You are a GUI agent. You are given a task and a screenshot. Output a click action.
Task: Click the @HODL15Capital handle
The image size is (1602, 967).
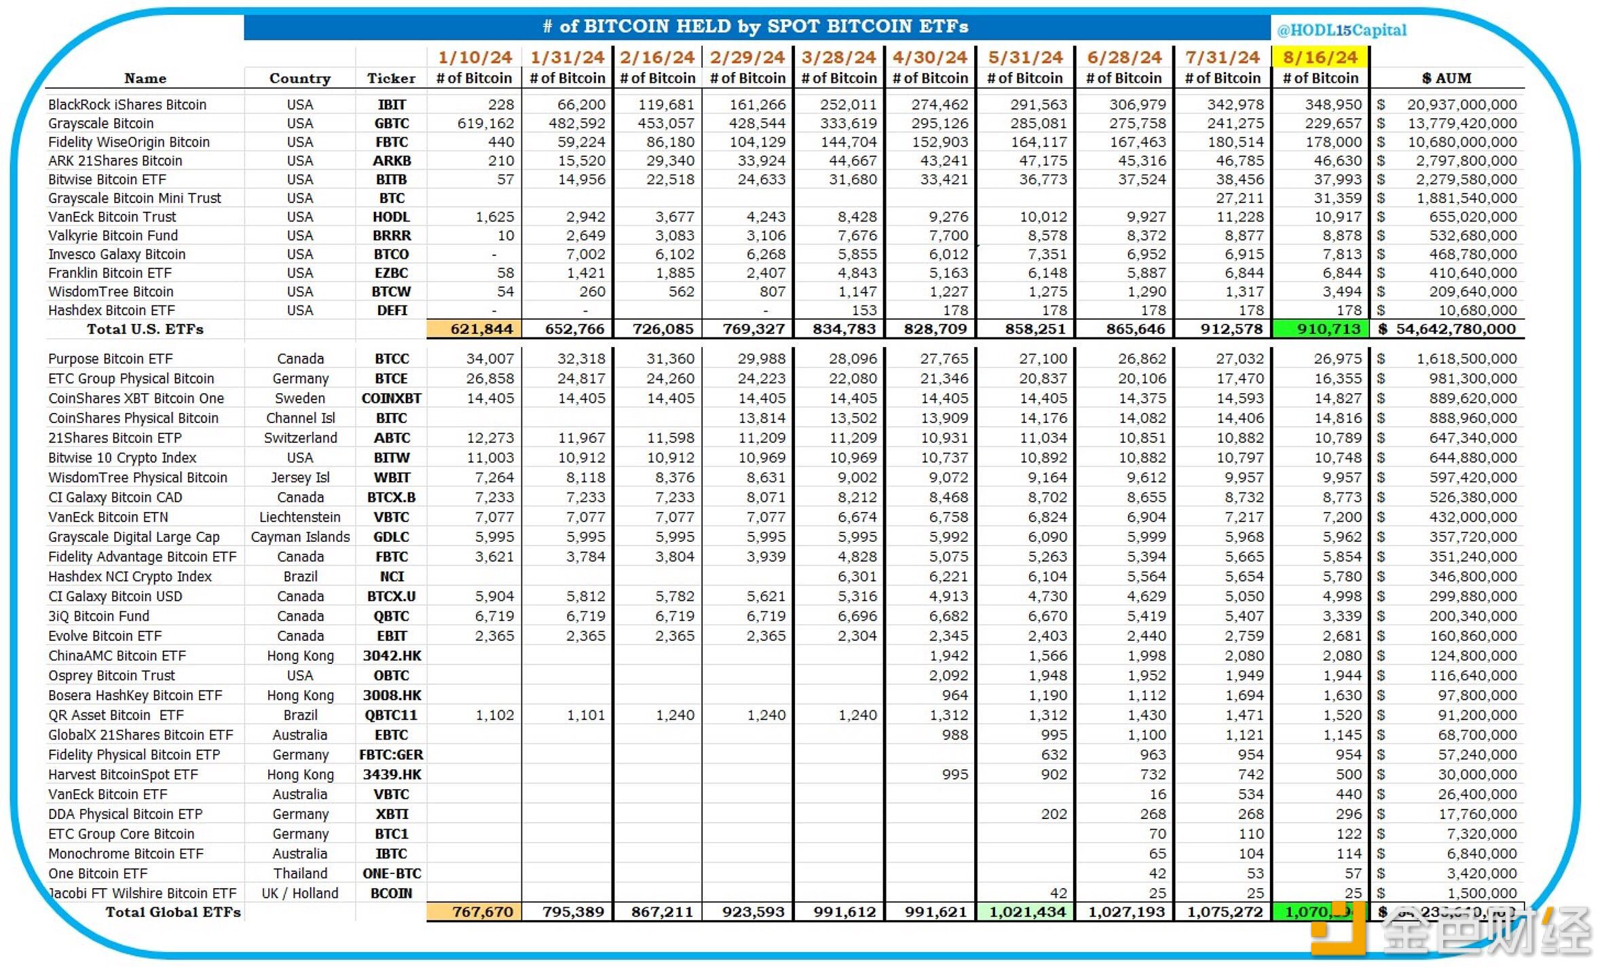coord(1341,30)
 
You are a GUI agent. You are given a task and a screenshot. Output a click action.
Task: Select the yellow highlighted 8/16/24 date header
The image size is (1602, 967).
coord(1320,57)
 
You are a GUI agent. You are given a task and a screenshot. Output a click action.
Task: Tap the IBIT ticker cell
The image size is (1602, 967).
coord(392,105)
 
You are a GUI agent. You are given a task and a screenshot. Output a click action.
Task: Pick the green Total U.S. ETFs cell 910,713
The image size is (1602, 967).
coord(1320,329)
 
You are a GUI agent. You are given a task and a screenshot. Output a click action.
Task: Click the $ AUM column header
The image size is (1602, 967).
coord(1447,78)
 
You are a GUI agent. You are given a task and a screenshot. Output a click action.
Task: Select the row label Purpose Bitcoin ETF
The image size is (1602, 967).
coord(110,359)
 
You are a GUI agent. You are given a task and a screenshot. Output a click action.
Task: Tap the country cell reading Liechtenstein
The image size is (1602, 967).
coord(299,517)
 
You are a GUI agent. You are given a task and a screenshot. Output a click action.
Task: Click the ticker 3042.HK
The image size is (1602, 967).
coord(392,656)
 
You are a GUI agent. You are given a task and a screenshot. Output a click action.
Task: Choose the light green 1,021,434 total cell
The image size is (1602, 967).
coord(1026,912)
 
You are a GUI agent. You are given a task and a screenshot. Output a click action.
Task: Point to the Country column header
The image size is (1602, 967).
coord(299,78)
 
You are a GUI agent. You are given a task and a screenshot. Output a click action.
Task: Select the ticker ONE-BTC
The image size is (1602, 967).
coord(392,874)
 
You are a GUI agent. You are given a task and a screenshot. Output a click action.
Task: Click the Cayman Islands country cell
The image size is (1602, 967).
coord(300,537)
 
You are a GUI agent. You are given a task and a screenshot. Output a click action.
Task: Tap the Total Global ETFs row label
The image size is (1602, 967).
coord(172,912)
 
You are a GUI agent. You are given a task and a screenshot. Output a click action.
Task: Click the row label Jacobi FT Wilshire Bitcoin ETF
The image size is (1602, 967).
coord(143,894)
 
